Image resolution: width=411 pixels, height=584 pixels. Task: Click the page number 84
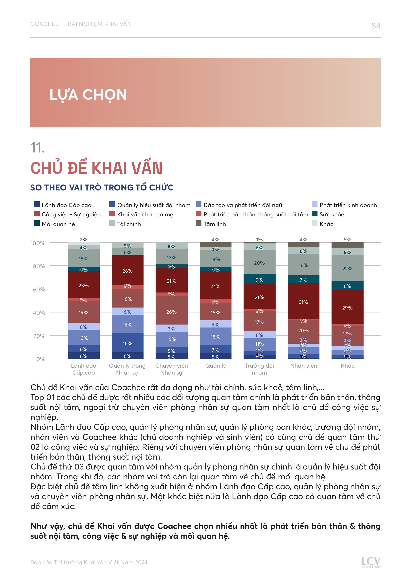(x=375, y=26)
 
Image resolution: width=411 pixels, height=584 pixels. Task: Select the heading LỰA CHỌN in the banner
(x=88, y=95)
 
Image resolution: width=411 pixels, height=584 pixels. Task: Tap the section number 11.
(x=37, y=148)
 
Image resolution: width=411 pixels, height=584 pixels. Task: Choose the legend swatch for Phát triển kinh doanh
(x=315, y=204)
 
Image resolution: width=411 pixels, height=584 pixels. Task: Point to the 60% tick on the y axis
(x=39, y=290)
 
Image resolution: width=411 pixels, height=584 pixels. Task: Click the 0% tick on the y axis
(x=41, y=359)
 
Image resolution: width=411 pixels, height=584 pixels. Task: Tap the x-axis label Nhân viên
(x=303, y=366)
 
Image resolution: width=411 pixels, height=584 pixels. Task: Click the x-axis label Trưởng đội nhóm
(x=259, y=369)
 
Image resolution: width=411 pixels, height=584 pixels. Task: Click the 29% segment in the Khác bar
(x=347, y=308)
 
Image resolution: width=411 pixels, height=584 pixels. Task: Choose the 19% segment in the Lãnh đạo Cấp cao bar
(x=83, y=312)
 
